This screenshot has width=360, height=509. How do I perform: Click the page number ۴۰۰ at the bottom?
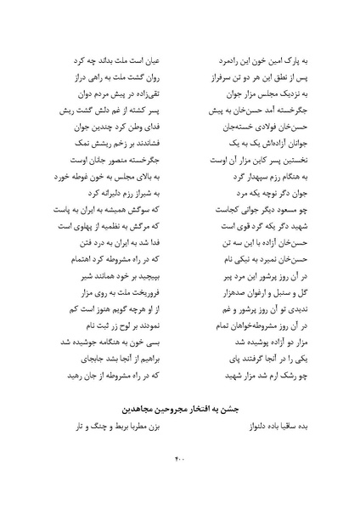click(179, 461)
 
